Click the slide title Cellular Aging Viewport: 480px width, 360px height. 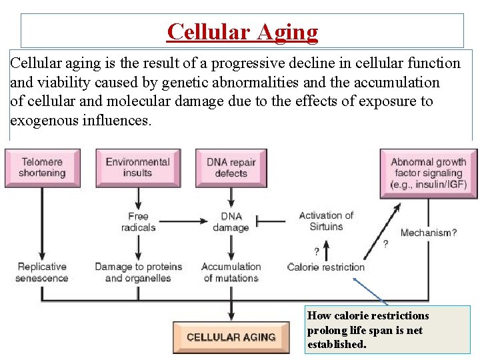point(243,31)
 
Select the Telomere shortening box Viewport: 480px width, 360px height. point(42,167)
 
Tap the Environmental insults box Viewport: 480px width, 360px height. point(137,167)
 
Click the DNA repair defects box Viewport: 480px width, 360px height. point(231,167)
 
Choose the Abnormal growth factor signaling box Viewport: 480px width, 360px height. point(429,173)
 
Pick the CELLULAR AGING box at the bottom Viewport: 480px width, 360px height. point(231,337)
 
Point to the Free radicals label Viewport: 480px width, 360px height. point(138,221)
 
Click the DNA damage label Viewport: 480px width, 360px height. point(231,221)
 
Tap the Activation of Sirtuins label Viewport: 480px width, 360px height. point(325,221)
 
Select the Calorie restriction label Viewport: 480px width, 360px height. point(326,267)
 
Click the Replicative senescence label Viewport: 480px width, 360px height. point(41,272)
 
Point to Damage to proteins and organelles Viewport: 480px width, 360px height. point(138,272)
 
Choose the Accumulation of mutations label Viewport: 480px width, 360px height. point(231,272)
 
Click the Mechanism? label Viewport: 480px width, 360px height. point(429,233)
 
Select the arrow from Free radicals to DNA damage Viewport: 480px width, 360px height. point(184,219)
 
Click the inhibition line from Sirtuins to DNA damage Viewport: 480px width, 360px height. point(270,219)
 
